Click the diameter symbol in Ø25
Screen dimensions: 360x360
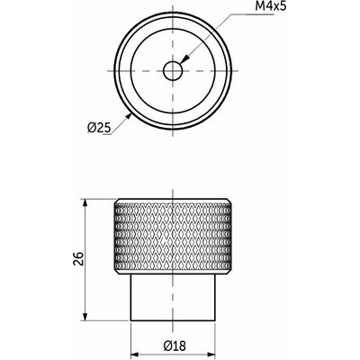click(93, 127)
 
